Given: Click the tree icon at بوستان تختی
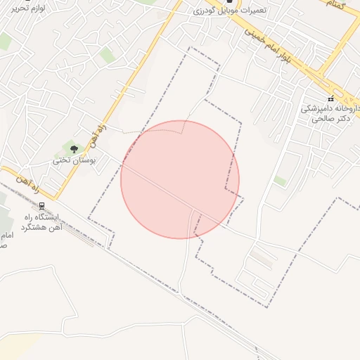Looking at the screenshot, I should tap(74, 148).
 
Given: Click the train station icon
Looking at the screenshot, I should tap(42, 206).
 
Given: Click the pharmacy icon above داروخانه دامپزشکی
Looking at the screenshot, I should tap(330, 98).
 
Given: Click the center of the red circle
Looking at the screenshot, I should tap(180, 179).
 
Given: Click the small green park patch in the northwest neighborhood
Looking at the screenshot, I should tap(107, 55).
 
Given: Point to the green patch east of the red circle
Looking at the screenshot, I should tap(280, 181).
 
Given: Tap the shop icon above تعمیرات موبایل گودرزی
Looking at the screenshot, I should tap(229, 2).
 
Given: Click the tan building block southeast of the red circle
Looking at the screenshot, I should tap(262, 259).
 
